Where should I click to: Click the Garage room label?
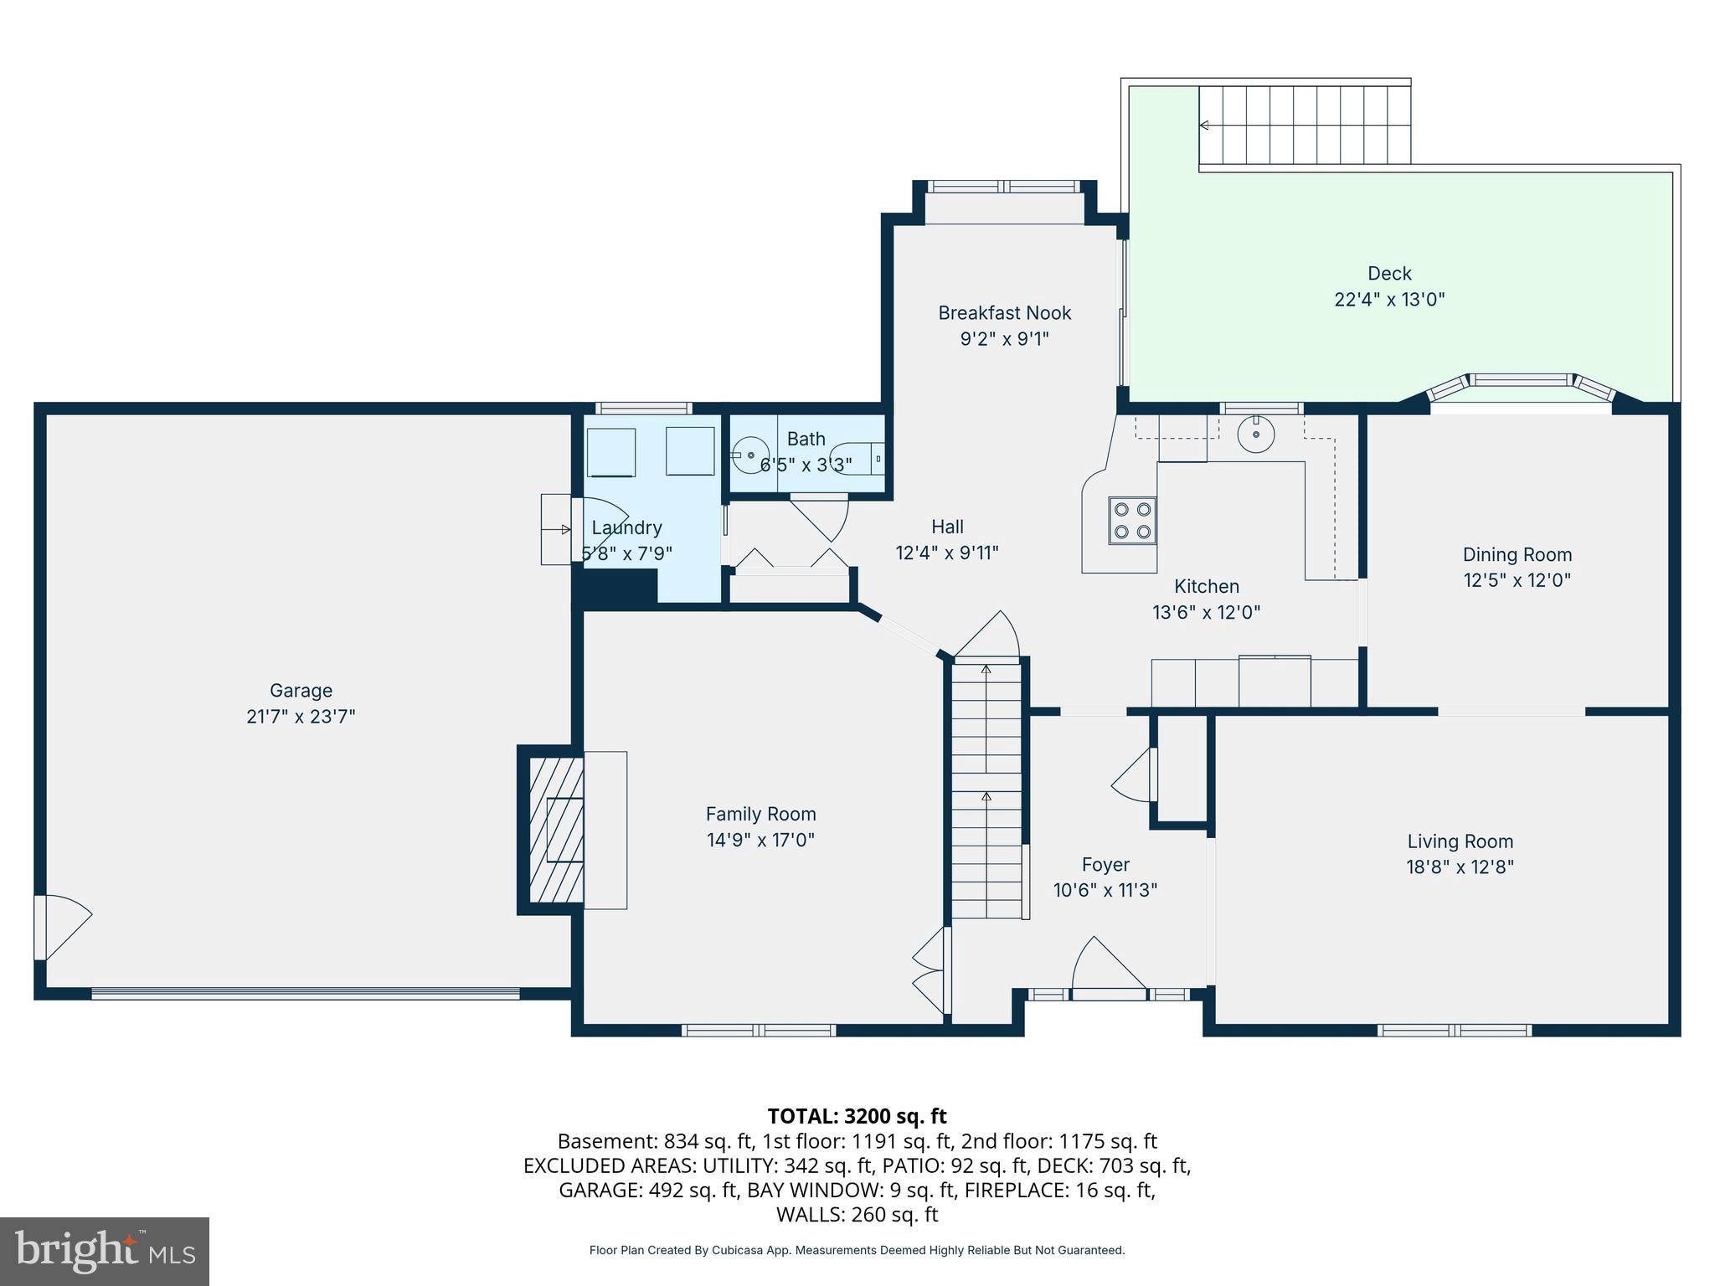[x=301, y=691]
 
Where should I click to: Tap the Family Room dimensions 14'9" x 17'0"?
[x=760, y=840]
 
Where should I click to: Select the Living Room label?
[x=1460, y=841]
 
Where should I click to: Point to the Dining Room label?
[x=1517, y=554]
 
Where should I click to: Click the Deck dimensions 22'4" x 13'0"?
[x=1389, y=299]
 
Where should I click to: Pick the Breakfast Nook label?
[x=1004, y=313]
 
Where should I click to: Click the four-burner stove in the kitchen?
[x=1132, y=521]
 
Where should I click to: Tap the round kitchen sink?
[x=1256, y=434]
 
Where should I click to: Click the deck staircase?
[x=1305, y=125]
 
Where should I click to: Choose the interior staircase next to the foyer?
[x=986, y=790]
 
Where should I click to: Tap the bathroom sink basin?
[x=750, y=455]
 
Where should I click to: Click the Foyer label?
[x=1105, y=865]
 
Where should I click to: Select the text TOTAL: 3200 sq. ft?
[x=857, y=1116]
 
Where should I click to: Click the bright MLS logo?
[x=105, y=1251]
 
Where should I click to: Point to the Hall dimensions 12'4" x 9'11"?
[x=947, y=553]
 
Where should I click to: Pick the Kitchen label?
[x=1206, y=586]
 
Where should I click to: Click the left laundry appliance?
[x=610, y=453]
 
